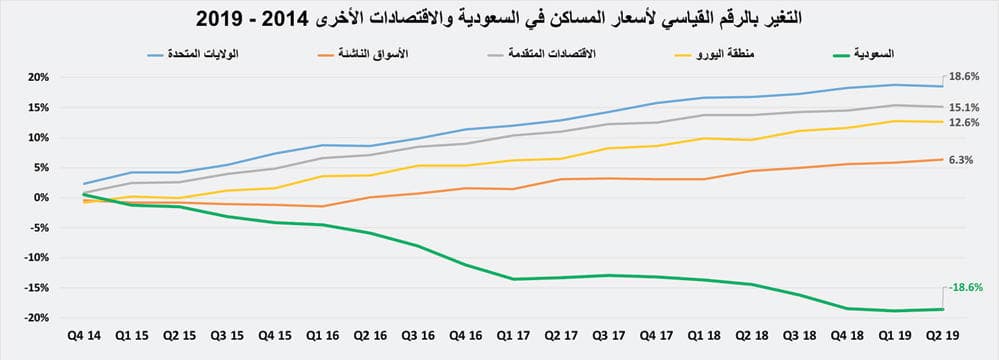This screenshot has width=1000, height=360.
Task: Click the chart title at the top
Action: pyautogui.click(x=500, y=17)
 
